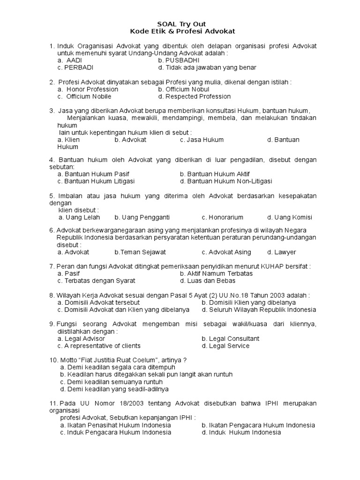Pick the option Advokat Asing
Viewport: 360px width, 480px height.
pyautogui.click(x=223, y=252)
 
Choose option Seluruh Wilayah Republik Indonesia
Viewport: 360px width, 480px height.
pyautogui.click(x=259, y=310)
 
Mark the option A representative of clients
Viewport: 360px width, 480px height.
pyautogui.click(x=99, y=346)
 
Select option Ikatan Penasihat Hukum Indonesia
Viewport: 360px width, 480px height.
pyautogui.click(x=115, y=425)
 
